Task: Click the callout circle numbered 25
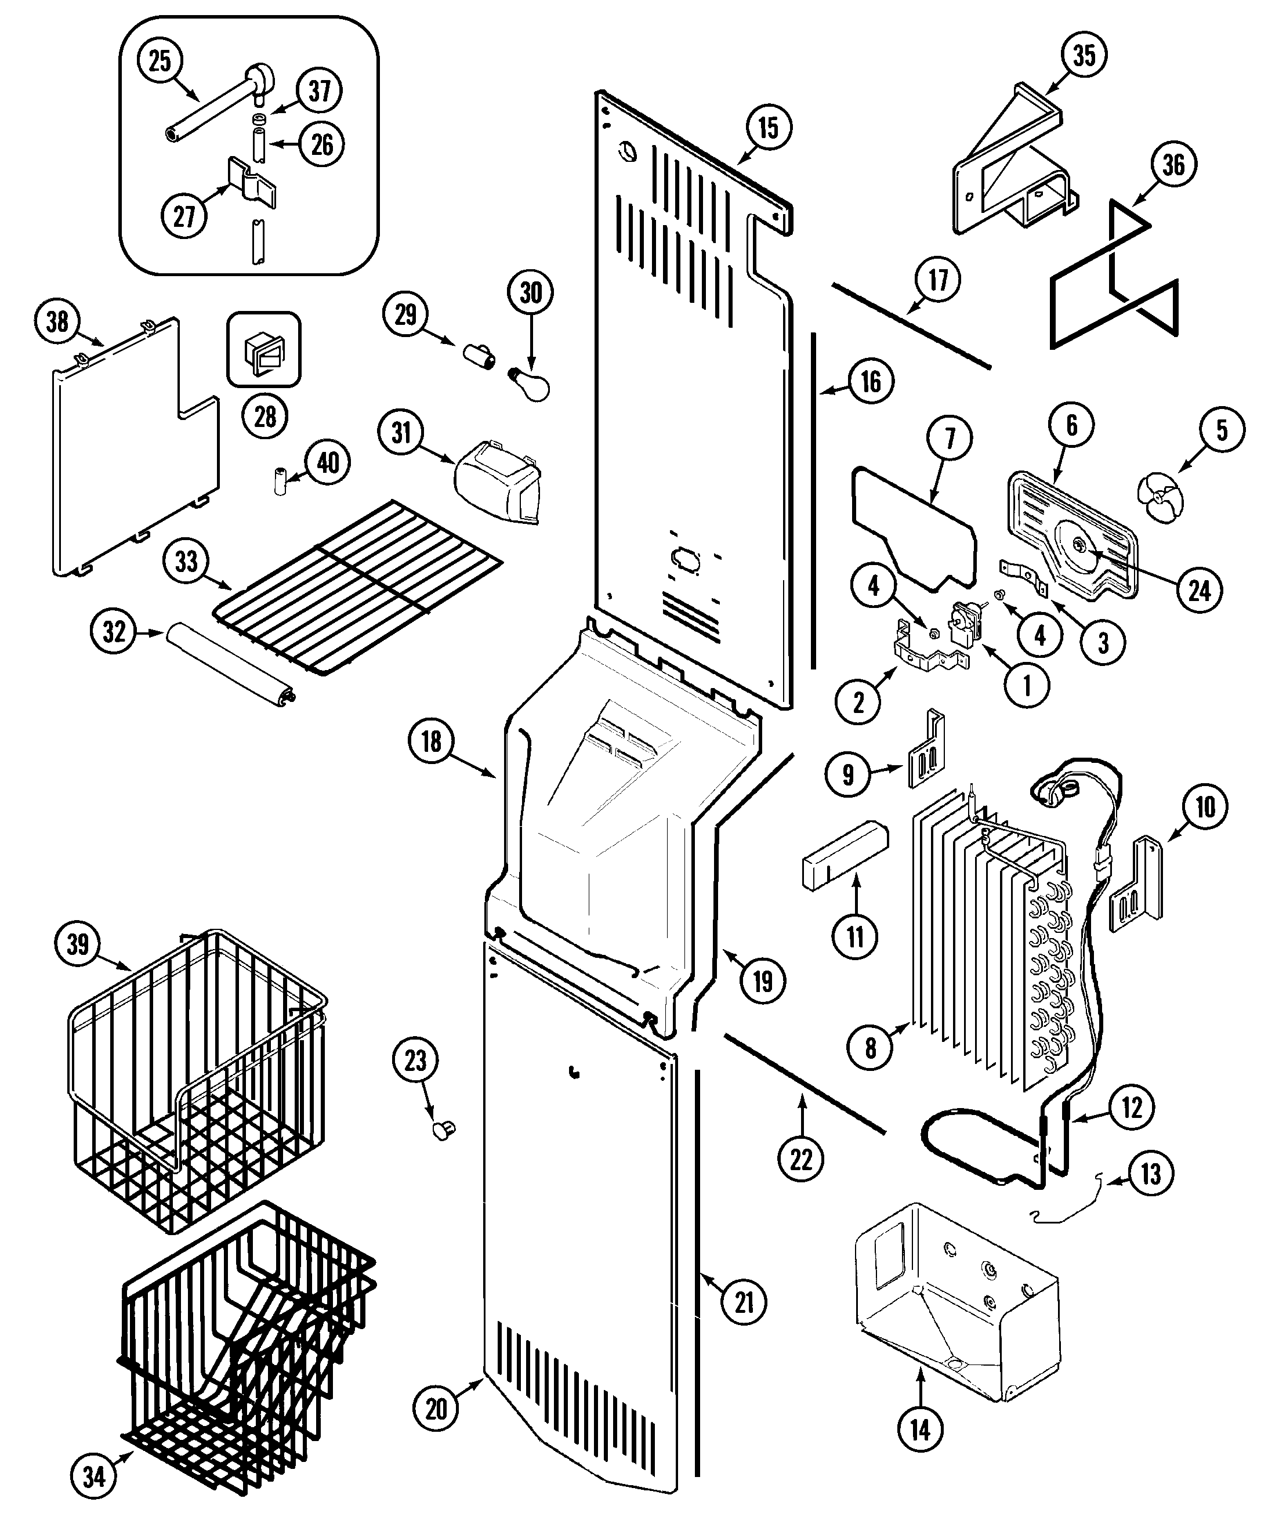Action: pos(160,60)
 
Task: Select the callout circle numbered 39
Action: pos(78,944)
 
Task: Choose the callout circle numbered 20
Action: pos(436,1409)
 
